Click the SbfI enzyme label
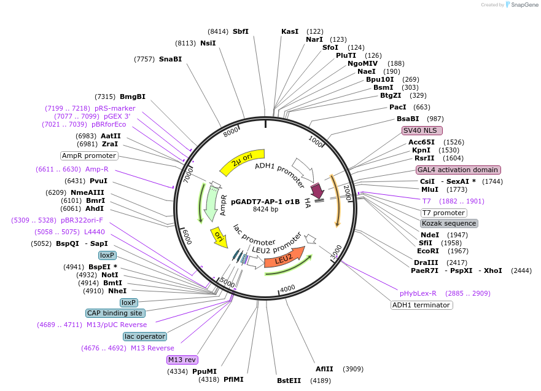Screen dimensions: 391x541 pos(241,31)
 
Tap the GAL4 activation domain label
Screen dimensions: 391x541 pos(458,170)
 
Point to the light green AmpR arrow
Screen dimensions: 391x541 pos(211,204)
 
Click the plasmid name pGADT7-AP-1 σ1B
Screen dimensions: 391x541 pos(265,201)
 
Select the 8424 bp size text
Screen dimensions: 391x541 pos(265,210)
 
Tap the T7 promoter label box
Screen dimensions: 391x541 pos(443,213)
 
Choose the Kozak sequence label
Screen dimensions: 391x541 pos(449,223)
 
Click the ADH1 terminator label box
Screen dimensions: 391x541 pos(422,305)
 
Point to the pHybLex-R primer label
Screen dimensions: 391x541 pos(418,293)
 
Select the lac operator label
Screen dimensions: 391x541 pos(145,336)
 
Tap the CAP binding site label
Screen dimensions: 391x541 pos(115,313)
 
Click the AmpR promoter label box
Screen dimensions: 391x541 pos(89,156)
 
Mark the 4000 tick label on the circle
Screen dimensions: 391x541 pos(287,289)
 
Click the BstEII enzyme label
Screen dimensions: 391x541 pos(289,381)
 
